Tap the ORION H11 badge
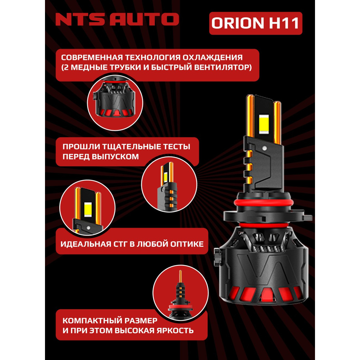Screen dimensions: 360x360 255,23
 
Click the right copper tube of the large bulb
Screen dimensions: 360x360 278,122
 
